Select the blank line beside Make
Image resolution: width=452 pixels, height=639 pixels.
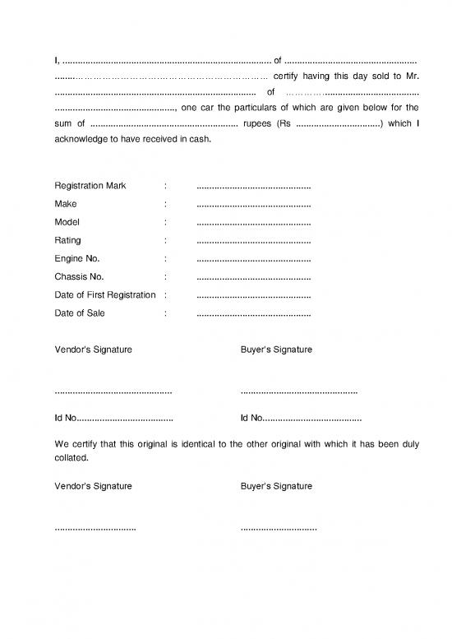click(x=254, y=203)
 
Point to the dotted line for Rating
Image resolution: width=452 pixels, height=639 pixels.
click(x=254, y=240)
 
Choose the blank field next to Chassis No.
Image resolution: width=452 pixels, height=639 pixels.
click(x=254, y=277)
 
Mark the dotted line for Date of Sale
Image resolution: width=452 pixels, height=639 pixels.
click(x=254, y=313)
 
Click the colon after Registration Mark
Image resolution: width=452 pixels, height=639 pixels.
click(x=165, y=185)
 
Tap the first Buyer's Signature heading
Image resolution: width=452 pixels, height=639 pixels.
click(x=276, y=350)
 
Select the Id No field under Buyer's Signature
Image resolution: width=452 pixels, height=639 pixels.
click(x=301, y=418)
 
